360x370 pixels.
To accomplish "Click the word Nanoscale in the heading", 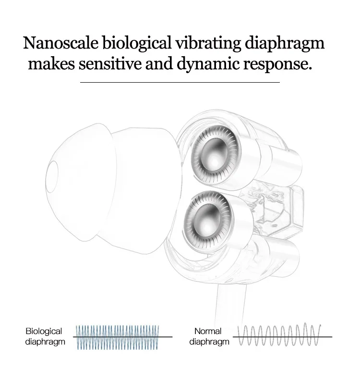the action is point(60,43).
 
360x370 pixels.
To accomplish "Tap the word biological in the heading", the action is point(137,44).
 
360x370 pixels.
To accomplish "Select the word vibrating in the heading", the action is point(208,44).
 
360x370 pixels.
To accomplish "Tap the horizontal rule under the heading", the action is point(180,82).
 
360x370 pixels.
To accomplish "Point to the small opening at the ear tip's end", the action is point(52,176).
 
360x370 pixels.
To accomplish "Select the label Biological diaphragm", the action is point(45,336).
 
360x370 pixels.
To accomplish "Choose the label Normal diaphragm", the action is point(209,336).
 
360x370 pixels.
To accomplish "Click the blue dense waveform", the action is point(118,337).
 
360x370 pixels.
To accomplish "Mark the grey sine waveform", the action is point(279,335).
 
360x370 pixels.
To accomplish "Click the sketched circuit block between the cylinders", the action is point(274,208).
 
